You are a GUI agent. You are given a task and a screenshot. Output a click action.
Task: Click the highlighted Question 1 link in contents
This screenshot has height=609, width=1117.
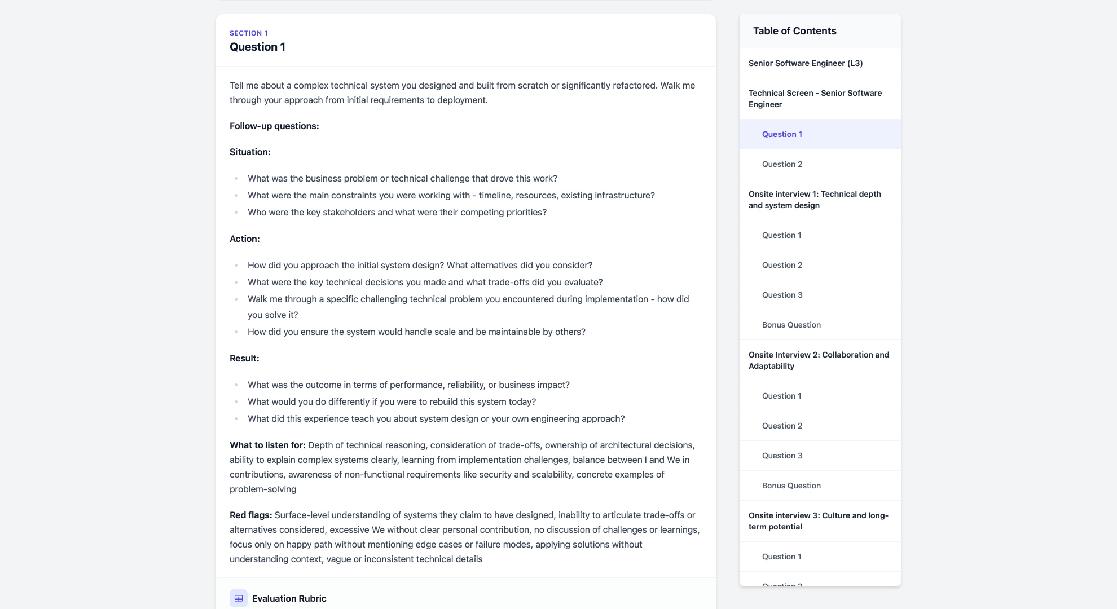(782, 134)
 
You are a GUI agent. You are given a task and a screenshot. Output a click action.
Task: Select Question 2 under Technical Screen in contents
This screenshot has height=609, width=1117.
(782, 164)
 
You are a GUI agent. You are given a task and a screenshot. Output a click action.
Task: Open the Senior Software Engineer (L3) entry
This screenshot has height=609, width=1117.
(805, 63)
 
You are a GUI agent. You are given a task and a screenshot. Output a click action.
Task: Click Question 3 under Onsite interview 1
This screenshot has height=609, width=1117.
(782, 295)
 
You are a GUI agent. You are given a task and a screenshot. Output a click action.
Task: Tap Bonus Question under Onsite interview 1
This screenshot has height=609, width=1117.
(791, 325)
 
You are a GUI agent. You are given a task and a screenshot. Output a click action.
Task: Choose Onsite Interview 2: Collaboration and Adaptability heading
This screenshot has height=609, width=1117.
(818, 360)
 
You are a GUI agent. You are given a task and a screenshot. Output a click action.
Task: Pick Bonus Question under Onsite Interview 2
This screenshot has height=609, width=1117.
(791, 486)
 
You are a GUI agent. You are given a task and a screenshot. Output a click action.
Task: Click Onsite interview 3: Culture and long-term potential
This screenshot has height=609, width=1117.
(818, 521)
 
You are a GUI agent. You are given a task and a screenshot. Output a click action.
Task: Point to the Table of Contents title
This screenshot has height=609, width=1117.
(794, 31)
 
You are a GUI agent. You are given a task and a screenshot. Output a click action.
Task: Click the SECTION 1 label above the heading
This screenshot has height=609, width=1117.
(248, 33)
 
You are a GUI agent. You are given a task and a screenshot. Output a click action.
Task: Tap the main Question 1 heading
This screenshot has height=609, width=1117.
(257, 47)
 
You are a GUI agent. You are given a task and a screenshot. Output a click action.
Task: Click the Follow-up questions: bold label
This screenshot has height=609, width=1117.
(274, 126)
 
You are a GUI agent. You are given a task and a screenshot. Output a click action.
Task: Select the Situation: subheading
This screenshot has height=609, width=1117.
(250, 152)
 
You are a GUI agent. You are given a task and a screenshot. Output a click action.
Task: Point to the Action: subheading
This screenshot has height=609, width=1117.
(244, 239)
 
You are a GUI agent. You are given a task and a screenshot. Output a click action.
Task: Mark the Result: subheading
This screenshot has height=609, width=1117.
(244, 358)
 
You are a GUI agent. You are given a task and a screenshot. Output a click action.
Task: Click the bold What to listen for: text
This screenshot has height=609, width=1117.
(267, 445)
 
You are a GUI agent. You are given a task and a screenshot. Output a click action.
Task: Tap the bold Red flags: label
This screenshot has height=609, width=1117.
(250, 515)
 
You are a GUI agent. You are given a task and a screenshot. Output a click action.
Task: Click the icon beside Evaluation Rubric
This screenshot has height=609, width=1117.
(239, 598)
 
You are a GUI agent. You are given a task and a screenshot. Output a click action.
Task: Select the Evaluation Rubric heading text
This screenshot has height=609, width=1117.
(289, 598)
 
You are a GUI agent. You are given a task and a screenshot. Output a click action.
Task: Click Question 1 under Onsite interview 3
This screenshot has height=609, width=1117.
(781, 557)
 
